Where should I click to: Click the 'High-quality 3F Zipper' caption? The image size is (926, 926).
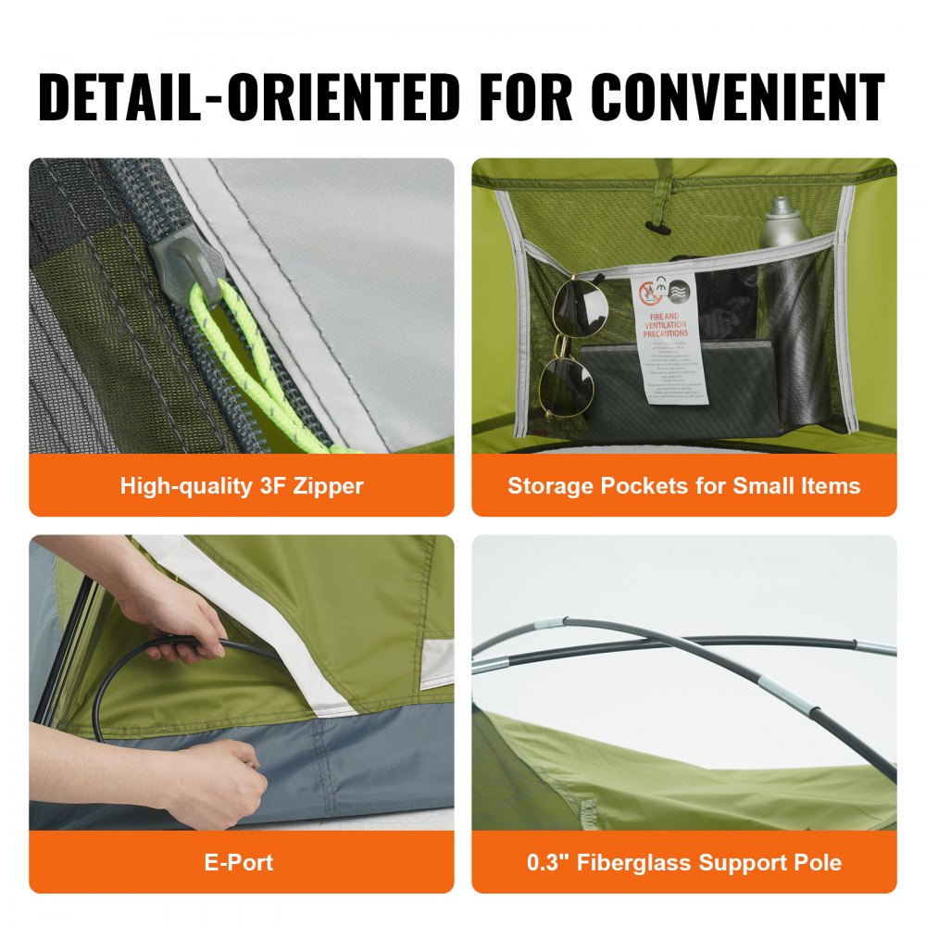click(x=242, y=486)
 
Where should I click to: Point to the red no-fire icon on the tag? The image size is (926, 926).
click(x=649, y=293)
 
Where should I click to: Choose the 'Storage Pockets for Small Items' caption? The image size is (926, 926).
click(x=683, y=486)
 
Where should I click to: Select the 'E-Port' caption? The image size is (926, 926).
click(x=239, y=863)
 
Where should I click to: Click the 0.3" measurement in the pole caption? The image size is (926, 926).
click(x=545, y=863)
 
